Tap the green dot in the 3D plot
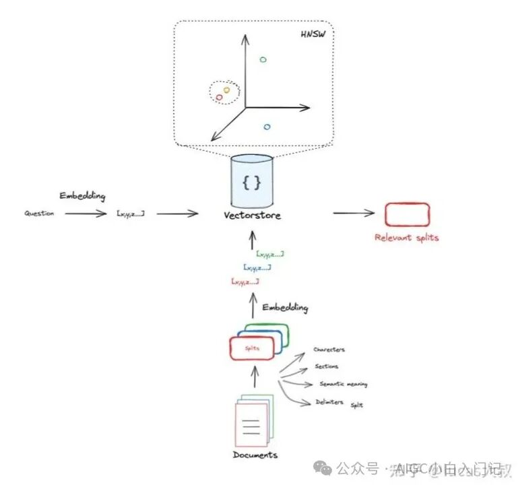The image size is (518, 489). (x=263, y=60)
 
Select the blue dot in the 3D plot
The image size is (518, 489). (x=267, y=127)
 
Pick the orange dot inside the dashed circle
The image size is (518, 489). (x=226, y=90)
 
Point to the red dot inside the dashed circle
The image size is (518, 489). (x=219, y=98)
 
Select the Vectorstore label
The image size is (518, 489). (x=252, y=216)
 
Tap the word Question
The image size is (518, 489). (x=39, y=214)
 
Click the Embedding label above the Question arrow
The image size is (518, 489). (x=82, y=196)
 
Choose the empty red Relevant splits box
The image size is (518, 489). (x=407, y=214)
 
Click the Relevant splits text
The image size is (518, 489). (x=407, y=238)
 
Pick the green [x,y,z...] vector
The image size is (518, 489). (x=269, y=254)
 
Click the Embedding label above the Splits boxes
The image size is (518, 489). (x=285, y=307)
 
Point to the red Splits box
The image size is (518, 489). (x=252, y=348)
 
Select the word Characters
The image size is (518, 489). (x=329, y=350)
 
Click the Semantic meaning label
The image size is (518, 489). (x=343, y=384)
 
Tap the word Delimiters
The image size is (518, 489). (x=329, y=402)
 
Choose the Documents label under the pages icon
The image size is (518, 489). (x=255, y=455)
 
